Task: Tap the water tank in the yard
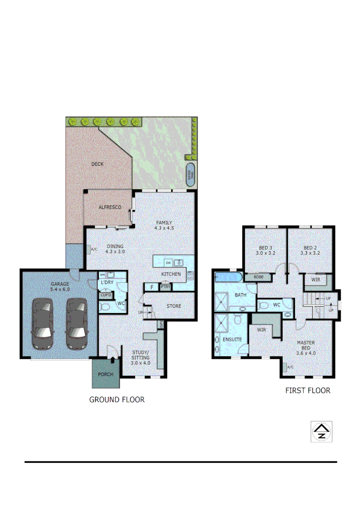click(191, 175)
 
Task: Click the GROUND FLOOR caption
click(117, 399)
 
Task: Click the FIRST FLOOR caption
click(308, 391)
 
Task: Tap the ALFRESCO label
click(110, 207)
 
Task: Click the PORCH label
click(106, 374)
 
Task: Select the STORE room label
click(174, 306)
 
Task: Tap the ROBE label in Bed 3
click(259, 277)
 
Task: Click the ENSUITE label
click(232, 339)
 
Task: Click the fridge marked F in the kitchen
click(151, 287)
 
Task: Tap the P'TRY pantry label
click(165, 287)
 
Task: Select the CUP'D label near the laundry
click(106, 296)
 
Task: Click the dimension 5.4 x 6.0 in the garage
click(60, 289)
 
